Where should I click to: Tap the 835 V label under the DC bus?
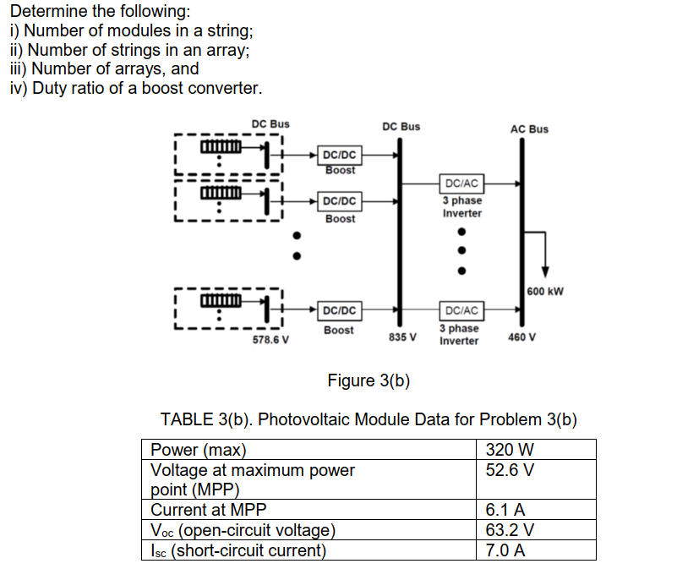[x=402, y=337]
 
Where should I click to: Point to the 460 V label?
[x=523, y=337]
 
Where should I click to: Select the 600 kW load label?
[x=545, y=292]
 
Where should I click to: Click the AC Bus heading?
[x=529, y=129]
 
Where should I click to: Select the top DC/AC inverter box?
[x=461, y=183]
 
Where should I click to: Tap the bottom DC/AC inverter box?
[x=461, y=311]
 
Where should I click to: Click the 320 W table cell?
[x=510, y=449]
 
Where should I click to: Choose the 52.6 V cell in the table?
[x=510, y=469]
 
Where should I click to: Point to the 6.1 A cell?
[x=506, y=510]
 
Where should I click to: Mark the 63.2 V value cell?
[x=510, y=530]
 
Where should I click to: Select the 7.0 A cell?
[x=506, y=550]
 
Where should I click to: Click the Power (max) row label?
[x=199, y=449]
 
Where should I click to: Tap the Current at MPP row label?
[x=212, y=510]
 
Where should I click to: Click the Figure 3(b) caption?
[x=369, y=380]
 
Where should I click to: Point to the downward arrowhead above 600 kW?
[x=546, y=271]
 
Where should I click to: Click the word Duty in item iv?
[x=48, y=88]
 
